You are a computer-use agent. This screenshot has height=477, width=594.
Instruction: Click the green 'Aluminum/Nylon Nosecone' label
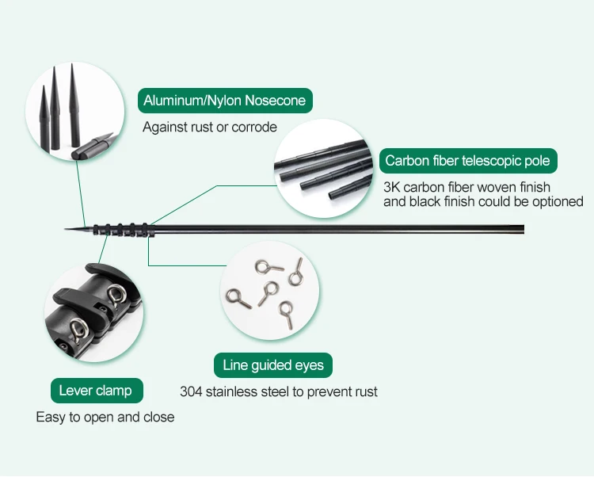(x=225, y=101)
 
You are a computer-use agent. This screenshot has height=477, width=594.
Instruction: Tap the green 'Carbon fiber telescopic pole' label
(x=467, y=161)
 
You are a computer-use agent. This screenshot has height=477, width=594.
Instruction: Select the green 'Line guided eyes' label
(x=273, y=365)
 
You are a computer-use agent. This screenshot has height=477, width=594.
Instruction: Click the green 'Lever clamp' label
(x=96, y=391)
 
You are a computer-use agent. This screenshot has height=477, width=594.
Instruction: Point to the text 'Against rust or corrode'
(x=210, y=127)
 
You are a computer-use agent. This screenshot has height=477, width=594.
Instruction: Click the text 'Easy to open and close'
(x=105, y=417)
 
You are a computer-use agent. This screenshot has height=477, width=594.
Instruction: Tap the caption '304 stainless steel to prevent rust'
(x=279, y=391)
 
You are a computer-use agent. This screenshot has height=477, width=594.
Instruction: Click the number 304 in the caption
(x=192, y=391)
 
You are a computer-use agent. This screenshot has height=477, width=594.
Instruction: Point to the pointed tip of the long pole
(x=67, y=230)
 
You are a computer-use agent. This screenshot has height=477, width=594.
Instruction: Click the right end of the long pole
(x=521, y=230)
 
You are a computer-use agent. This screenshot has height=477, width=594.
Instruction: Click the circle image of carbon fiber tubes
(x=322, y=168)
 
